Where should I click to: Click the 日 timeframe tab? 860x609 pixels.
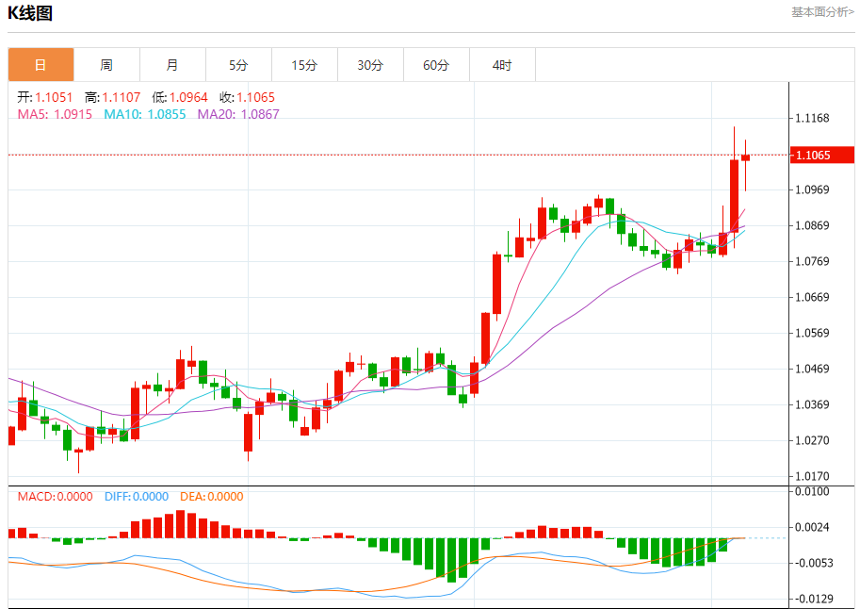pyautogui.click(x=41, y=65)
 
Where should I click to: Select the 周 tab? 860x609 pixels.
pyautogui.click(x=106, y=65)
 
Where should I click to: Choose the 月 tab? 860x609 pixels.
pyautogui.click(x=172, y=65)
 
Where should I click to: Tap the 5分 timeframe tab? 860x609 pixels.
pyautogui.click(x=238, y=65)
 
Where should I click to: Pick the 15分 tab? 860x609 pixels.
pyautogui.click(x=304, y=65)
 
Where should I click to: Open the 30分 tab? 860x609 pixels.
pyautogui.click(x=370, y=65)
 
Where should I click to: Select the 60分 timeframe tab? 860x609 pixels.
pyautogui.click(x=436, y=65)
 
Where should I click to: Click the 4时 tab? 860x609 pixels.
pyautogui.click(x=502, y=65)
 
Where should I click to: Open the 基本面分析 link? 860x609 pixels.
pyautogui.click(x=822, y=12)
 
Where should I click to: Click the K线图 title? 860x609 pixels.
pyautogui.click(x=30, y=13)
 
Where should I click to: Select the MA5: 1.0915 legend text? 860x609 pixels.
pyautogui.click(x=55, y=114)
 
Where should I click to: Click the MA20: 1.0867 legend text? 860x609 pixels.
pyautogui.click(x=238, y=114)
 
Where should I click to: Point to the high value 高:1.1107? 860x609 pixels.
pyautogui.click(x=112, y=97)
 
